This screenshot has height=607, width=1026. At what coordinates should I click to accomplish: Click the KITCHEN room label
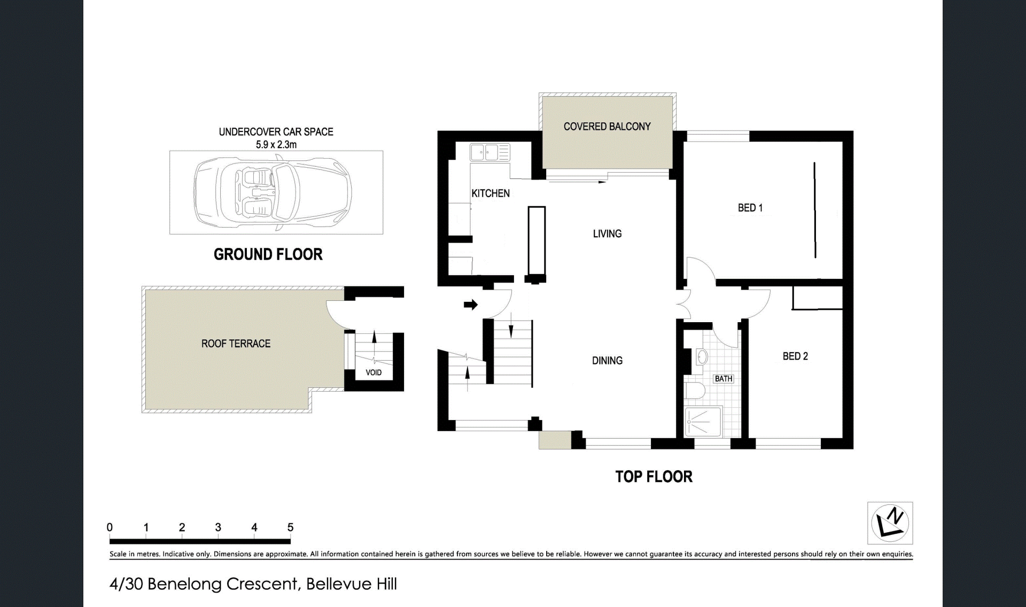point(491,193)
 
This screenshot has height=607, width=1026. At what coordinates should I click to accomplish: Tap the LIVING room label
point(607,234)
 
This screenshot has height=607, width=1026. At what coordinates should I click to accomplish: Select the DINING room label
point(607,361)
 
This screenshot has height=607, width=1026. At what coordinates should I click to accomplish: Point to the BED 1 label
point(750,208)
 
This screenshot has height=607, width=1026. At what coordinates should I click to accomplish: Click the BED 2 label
point(795,356)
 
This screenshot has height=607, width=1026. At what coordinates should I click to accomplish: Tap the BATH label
point(724,379)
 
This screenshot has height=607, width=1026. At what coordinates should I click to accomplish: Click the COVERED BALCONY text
point(607,127)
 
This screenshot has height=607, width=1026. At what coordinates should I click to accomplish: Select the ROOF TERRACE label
point(236,344)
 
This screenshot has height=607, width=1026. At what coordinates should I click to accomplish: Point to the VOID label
point(374,372)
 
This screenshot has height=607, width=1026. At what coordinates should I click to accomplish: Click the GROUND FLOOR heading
point(268,254)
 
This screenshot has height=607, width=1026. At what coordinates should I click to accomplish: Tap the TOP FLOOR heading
point(654,477)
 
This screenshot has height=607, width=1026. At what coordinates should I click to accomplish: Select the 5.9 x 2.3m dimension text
point(276,144)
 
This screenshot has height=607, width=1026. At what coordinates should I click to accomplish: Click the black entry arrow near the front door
point(470,305)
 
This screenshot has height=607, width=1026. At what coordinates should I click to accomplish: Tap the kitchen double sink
point(490,153)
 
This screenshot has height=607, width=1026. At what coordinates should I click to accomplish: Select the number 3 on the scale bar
point(218,527)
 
